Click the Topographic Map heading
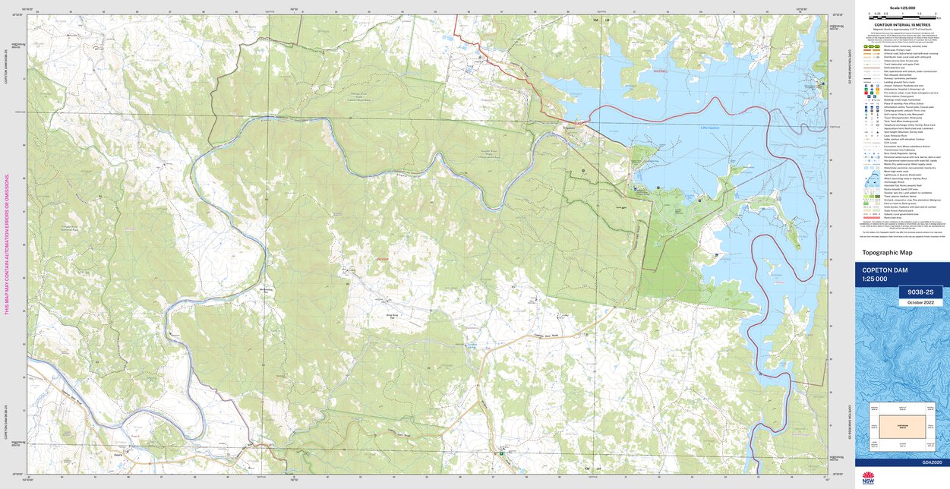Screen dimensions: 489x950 coord(887,253)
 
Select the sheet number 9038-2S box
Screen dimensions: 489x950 coord(920,292)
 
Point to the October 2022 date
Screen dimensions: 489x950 coord(920,302)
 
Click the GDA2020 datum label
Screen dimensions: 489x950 coord(932,462)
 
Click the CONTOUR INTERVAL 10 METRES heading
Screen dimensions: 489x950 coord(902,24)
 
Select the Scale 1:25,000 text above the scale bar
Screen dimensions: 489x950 coord(902,8)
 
